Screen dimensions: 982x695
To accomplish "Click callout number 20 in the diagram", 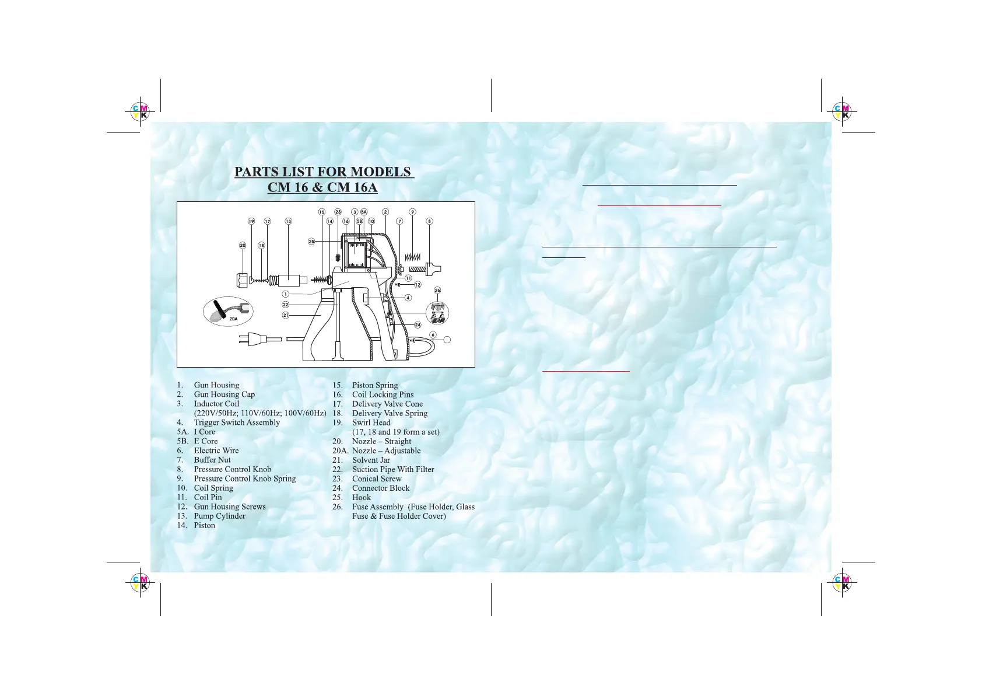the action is coord(243,245).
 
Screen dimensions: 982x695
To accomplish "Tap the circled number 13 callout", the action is coord(288,222).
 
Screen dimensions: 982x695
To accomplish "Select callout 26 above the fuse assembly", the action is coord(437,290).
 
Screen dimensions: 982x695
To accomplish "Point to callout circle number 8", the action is coord(430,222).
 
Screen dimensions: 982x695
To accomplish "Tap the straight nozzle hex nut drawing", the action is coord(243,280).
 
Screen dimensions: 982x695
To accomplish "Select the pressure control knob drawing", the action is coord(433,270).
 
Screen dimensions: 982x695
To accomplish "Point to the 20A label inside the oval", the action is coord(233,319).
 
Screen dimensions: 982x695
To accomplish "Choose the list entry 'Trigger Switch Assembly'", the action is coord(237,422).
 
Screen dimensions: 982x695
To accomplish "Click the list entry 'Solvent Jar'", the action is coord(371,460).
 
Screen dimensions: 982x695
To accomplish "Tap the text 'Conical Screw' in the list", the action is coord(377,479).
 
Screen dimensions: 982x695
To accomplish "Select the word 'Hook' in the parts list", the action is coord(362,497).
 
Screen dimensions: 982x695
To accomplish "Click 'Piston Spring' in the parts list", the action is coord(375,385).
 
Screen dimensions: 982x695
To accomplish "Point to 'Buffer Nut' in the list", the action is coord(212,460).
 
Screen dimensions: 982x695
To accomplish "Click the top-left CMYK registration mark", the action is coord(140,111).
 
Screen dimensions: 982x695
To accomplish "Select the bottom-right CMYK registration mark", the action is coord(841,582).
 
